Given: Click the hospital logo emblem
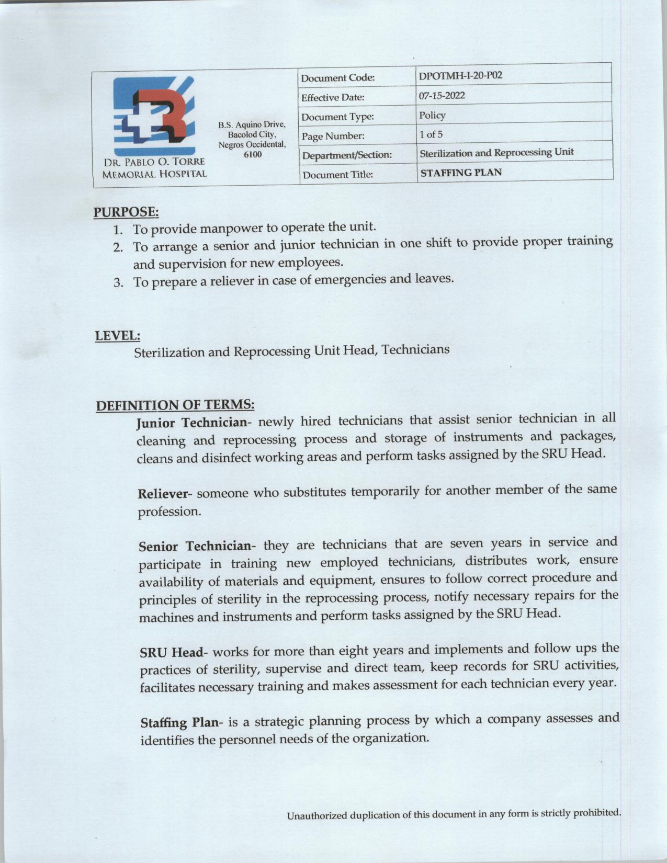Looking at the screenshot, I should coord(154,116).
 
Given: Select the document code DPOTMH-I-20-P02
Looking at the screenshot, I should coord(460,76).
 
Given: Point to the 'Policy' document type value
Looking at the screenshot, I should coord(432,115).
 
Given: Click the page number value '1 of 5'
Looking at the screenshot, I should coord(431,134).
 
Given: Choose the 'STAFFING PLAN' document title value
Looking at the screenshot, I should coord(461,173).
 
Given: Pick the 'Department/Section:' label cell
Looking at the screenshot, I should coord(347,155).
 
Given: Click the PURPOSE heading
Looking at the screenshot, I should coord(126,212).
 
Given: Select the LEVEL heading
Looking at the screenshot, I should coord(118,335).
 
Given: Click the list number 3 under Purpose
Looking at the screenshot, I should coord(119,283).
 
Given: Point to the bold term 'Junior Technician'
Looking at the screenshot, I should coord(191,423).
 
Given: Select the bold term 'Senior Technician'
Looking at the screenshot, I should coord(195,547).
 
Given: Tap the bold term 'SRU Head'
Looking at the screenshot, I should coord(172,653).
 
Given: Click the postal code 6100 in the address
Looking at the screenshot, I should coord(253,154).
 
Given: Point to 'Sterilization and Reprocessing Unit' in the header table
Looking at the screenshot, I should coord(496,153).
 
